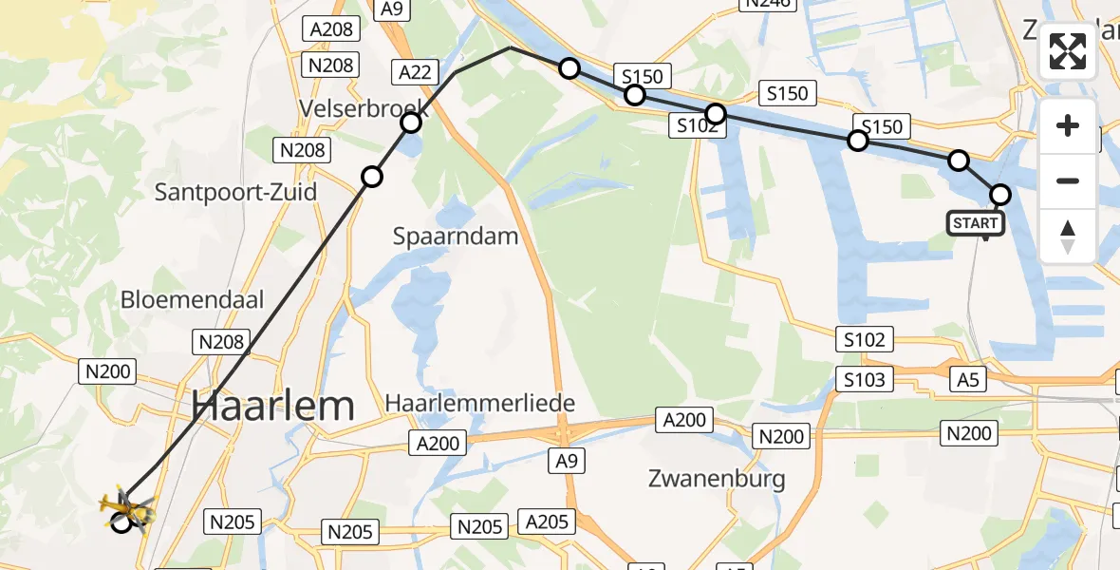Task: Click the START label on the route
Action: [975, 223]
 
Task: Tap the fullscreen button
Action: [1068, 51]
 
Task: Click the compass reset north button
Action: [1068, 237]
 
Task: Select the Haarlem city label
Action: [273, 406]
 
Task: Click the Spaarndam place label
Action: [456, 236]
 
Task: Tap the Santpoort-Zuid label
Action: [235, 192]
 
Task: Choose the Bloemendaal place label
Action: [192, 300]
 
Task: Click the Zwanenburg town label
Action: [717, 477]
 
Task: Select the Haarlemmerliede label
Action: [480, 404]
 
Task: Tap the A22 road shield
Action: [416, 71]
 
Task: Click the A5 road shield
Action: [967, 380]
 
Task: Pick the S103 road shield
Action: [865, 380]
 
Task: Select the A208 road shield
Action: [331, 29]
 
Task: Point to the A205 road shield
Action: [547, 521]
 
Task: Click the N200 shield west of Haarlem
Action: [107, 371]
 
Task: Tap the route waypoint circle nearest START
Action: [1000, 195]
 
